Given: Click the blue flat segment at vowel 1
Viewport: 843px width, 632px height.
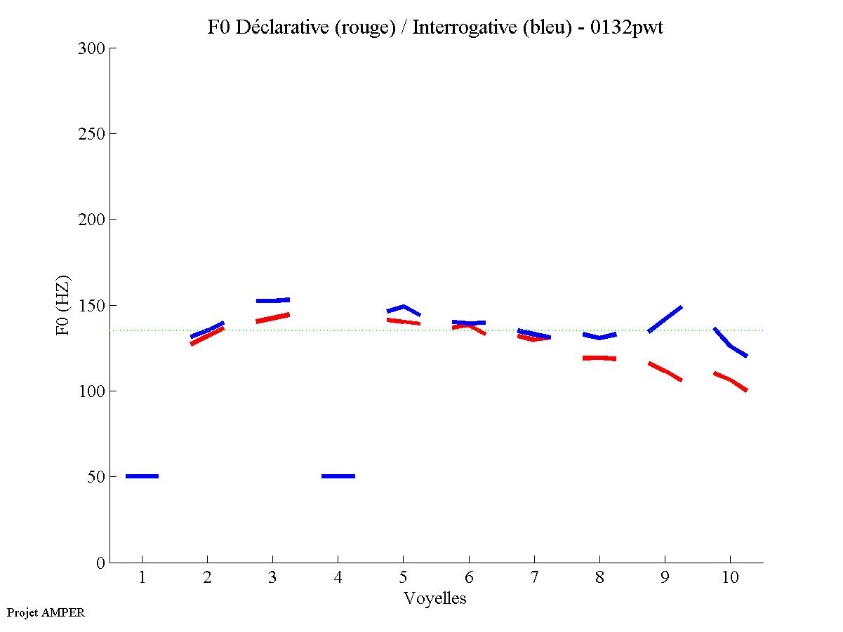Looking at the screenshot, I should (x=142, y=476).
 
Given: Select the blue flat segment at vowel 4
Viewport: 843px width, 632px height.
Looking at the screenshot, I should (x=338, y=476).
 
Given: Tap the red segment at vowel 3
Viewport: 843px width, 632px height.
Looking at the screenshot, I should (x=272, y=318).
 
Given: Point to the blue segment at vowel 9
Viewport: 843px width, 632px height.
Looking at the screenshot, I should (x=665, y=319).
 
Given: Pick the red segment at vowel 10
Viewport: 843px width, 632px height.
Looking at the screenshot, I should (x=731, y=380).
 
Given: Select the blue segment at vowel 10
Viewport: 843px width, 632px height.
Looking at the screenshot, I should (x=730, y=344).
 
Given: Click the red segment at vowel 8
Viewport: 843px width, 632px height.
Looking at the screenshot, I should (x=599, y=358).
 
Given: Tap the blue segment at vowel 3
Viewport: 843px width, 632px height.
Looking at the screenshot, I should (x=272, y=300).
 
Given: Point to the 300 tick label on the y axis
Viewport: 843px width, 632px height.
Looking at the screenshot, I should (x=93, y=48).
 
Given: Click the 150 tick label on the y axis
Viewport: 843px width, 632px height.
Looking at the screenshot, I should (x=93, y=305).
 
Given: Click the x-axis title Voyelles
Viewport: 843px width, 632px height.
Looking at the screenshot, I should (x=435, y=598).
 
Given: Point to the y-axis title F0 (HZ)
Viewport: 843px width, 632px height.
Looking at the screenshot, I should (x=63, y=305).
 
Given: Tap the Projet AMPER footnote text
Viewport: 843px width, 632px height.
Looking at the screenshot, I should (x=46, y=612).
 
